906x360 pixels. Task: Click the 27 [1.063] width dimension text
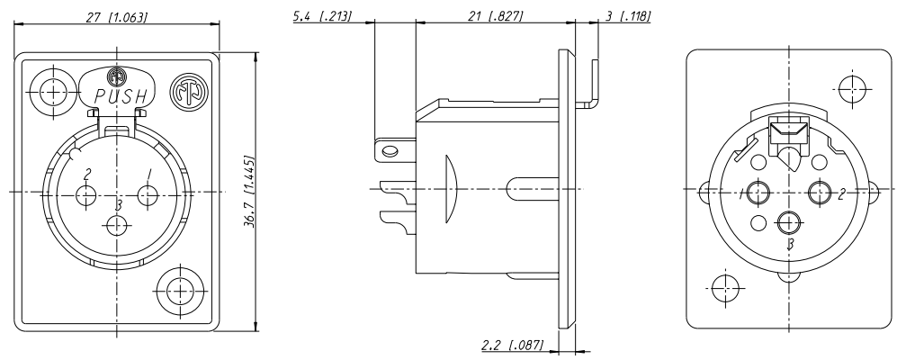[118, 17]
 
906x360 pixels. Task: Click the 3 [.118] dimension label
[627, 16]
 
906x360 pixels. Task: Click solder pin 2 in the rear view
[819, 192]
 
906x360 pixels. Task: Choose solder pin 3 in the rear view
[788, 221]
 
